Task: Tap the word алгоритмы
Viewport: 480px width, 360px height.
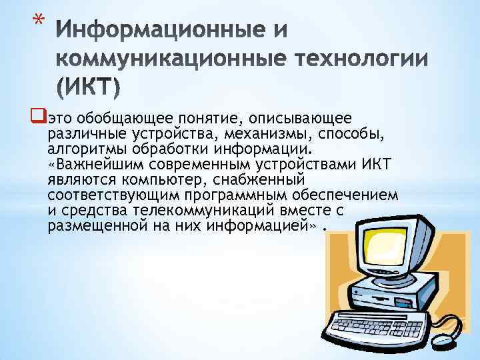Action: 83,148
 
